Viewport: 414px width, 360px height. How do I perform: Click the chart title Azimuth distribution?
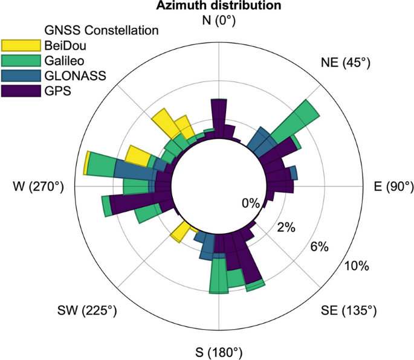(219, 6)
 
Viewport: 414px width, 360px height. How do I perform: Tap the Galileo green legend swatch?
(20, 60)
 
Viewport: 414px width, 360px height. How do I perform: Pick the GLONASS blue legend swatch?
(20, 76)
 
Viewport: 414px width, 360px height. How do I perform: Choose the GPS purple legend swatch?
(20, 92)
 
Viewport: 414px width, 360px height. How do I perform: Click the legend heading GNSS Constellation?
(102, 29)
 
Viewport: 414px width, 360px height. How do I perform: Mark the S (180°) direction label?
(218, 352)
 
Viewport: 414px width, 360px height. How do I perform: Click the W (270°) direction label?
(37, 187)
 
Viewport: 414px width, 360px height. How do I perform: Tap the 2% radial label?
(285, 228)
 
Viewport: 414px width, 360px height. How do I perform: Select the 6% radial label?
(319, 246)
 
